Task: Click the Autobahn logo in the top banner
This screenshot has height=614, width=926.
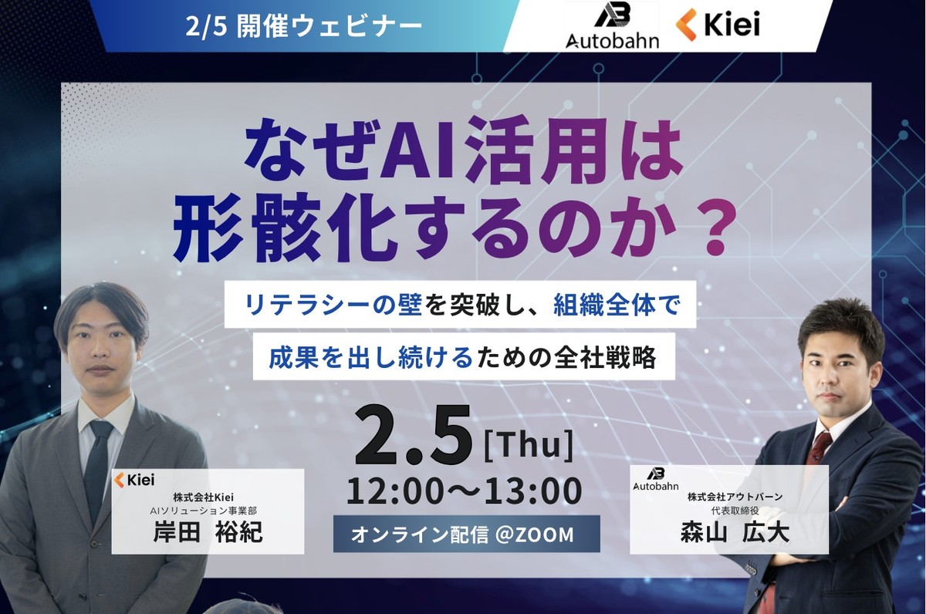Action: (x=612, y=26)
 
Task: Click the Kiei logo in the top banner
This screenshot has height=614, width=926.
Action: (x=718, y=25)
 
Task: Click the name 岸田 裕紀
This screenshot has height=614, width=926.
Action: (x=207, y=533)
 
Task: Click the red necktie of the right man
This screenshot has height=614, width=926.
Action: (x=819, y=447)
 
